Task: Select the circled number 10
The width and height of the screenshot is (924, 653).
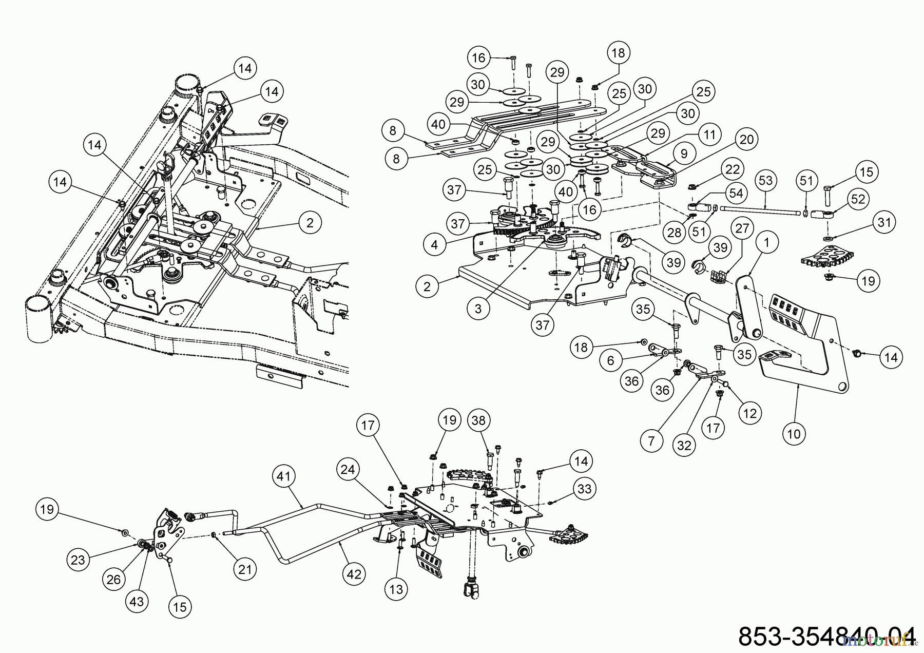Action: [794, 434]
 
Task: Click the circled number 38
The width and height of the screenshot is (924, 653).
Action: [479, 420]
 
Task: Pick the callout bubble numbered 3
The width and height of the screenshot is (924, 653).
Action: [478, 309]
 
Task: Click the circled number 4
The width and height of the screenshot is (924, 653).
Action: [435, 245]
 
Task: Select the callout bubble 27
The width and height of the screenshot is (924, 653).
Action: [742, 228]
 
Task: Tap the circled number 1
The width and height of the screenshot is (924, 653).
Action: [767, 243]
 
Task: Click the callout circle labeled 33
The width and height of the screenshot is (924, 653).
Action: [584, 489]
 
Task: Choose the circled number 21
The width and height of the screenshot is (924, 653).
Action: [245, 569]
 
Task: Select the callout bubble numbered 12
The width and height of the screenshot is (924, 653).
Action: [750, 413]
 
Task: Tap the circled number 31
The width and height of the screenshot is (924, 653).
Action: [883, 222]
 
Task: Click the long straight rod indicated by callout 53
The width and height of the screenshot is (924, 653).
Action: [760, 209]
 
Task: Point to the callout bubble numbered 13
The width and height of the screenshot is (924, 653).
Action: [396, 590]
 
